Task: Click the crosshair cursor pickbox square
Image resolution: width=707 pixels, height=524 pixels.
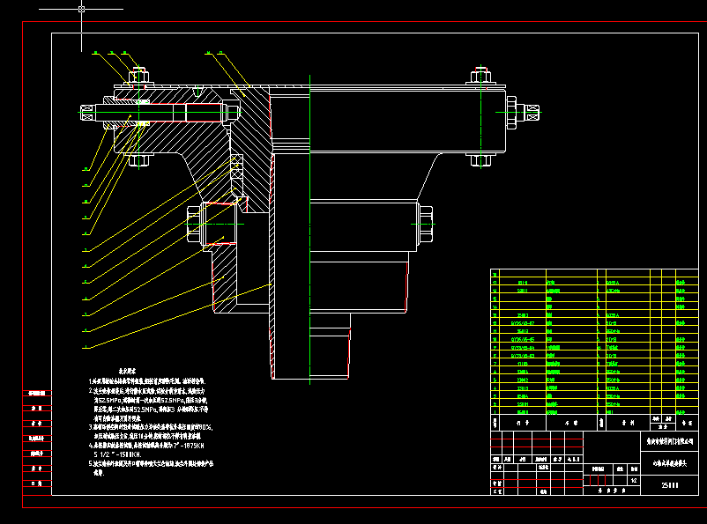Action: [81, 9]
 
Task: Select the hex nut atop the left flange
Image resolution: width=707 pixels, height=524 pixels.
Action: [138, 76]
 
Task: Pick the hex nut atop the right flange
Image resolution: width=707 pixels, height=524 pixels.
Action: [481, 76]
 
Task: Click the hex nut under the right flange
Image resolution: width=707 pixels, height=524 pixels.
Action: [481, 160]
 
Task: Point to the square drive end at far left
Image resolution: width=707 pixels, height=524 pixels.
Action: [87, 113]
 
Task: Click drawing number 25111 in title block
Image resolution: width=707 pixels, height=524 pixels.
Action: [670, 483]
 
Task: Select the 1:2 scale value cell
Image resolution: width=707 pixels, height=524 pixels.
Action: [634, 481]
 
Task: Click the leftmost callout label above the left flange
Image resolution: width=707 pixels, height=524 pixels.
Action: [95, 53]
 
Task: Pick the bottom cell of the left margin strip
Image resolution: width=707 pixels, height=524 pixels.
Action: [36, 483]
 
